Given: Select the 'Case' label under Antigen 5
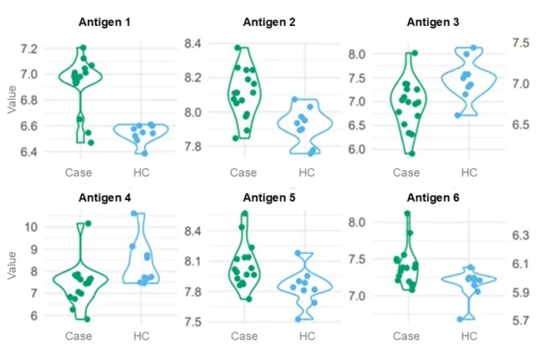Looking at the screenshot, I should (244, 337).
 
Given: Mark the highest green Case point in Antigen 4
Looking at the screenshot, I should (88, 224).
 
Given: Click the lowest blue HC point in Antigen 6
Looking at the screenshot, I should (460, 319).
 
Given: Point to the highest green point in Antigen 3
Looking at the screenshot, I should (414, 53).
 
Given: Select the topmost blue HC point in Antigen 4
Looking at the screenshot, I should (134, 214).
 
